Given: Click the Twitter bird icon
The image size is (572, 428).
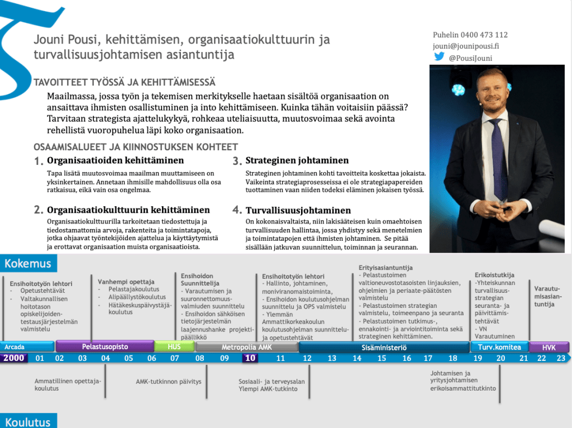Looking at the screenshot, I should [x=439, y=57].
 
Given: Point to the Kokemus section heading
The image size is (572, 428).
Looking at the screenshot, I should [x=28, y=264].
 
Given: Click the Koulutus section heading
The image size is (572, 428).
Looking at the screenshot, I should [x=28, y=422].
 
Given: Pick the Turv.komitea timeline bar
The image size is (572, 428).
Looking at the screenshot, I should [x=499, y=347].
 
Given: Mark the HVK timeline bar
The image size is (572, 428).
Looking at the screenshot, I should [x=549, y=347].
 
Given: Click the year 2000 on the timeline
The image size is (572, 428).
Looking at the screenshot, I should [x=14, y=358].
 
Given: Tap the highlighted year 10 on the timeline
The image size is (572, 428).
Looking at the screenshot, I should [x=250, y=358].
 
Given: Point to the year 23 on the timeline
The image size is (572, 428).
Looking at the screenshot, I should [x=560, y=358].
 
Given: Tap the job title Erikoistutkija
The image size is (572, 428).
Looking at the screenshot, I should [x=494, y=275].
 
